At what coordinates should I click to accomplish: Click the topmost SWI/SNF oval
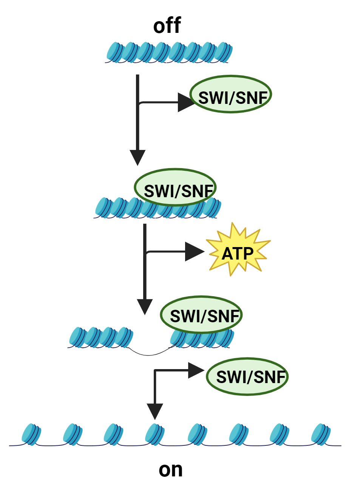click(x=230, y=94)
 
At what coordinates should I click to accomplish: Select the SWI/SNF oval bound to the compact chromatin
click(x=175, y=187)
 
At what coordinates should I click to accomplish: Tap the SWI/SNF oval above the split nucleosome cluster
click(x=201, y=314)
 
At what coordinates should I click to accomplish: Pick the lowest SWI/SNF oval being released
click(x=247, y=376)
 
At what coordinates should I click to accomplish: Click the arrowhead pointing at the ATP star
click(x=194, y=252)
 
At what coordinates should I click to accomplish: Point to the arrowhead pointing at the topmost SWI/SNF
click(x=186, y=102)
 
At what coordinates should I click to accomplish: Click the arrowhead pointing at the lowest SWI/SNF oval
click(x=195, y=371)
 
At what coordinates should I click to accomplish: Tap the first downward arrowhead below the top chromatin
click(x=138, y=157)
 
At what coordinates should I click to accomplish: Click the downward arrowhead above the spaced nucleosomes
click(x=155, y=411)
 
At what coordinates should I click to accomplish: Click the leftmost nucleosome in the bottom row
click(x=31, y=434)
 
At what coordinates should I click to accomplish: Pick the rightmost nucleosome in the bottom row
click(x=321, y=434)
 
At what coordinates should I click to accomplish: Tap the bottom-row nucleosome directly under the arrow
click(x=155, y=434)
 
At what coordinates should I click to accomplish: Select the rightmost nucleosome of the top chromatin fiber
click(x=224, y=52)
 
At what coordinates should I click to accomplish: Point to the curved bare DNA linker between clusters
click(x=149, y=353)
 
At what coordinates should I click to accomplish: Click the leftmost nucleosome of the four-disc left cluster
click(x=77, y=337)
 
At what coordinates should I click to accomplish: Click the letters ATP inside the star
click(x=238, y=254)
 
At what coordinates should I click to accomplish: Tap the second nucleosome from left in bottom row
click(x=73, y=434)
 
